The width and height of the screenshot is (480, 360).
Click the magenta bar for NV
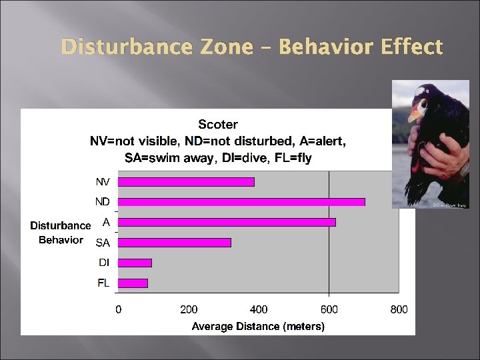click(186, 181)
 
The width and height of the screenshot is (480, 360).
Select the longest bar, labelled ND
click(241, 201)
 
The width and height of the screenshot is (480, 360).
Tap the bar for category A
click(227, 222)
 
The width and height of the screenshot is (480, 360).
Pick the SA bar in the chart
click(175, 243)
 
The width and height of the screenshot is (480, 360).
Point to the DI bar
click(135, 263)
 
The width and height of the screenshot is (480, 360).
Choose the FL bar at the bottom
click(133, 283)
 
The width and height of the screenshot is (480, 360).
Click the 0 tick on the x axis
click(119, 309)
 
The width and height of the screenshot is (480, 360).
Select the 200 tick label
click(189, 309)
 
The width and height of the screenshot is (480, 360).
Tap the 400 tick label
click(259, 309)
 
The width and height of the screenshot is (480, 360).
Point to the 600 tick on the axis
click(329, 309)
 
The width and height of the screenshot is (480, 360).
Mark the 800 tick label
click(399, 309)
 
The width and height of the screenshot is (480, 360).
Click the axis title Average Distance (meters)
click(258, 326)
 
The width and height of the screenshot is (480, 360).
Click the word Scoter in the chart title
click(218, 124)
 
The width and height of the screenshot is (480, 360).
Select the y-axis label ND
click(102, 201)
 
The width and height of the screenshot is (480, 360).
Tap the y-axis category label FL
click(103, 283)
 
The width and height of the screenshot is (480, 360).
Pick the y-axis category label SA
click(103, 243)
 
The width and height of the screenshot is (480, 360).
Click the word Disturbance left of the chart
click(60, 225)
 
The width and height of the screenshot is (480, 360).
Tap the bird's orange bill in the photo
click(414, 114)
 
